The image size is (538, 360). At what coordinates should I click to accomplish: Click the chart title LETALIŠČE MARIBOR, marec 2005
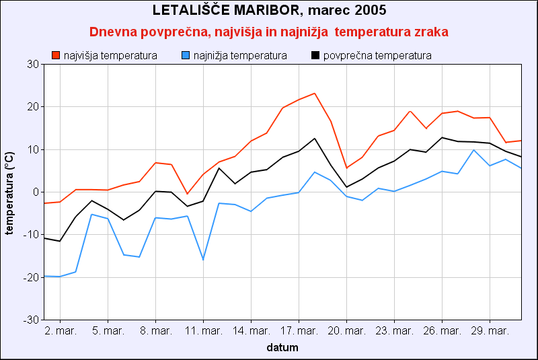click(x=269, y=11)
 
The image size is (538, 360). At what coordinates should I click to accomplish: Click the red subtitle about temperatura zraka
click(x=269, y=32)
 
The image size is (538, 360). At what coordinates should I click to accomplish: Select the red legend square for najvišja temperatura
click(x=56, y=55)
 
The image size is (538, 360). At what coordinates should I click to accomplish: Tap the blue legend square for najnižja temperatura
click(x=186, y=55)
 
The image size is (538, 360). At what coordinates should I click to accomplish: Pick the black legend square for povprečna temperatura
click(x=315, y=55)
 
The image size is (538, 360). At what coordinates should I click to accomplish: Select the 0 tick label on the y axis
click(x=36, y=192)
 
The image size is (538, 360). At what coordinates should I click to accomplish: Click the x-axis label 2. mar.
click(x=60, y=331)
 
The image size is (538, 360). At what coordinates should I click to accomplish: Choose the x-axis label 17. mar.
click(x=299, y=331)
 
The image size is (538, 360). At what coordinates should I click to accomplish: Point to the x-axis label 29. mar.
click(x=490, y=331)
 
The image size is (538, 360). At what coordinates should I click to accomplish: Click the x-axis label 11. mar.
click(x=203, y=331)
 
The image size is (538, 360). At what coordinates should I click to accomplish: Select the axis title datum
click(x=282, y=348)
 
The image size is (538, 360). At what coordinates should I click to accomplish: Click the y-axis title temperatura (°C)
click(x=9, y=192)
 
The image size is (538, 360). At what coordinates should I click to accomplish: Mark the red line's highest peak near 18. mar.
click(x=314, y=94)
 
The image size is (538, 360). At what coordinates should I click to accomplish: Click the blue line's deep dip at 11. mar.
click(x=203, y=260)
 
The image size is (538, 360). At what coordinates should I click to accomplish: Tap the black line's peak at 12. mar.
click(x=219, y=168)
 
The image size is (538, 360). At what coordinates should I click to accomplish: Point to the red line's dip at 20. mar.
click(x=346, y=168)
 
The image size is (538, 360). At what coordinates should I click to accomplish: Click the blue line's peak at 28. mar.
click(x=473, y=150)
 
